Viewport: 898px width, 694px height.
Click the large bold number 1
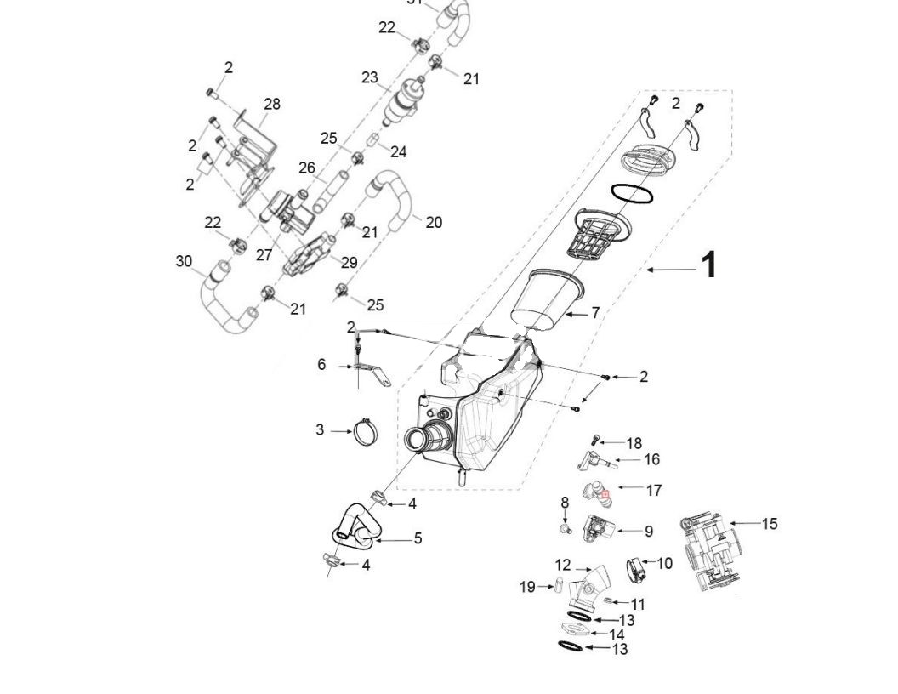pyautogui.click(x=707, y=265)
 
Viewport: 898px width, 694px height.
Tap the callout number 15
pyautogui.click(x=769, y=524)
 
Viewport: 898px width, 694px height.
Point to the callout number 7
pyautogui.click(x=595, y=313)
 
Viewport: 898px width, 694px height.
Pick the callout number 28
pyautogui.click(x=271, y=104)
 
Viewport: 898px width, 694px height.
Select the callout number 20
pyautogui.click(x=433, y=222)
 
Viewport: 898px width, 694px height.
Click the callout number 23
pyautogui.click(x=369, y=77)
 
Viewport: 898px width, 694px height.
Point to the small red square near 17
pyautogui.click(x=605, y=493)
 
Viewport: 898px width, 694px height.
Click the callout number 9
pyautogui.click(x=648, y=531)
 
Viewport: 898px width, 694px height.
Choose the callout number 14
pyautogui.click(x=617, y=634)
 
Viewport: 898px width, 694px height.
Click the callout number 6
pyautogui.click(x=321, y=364)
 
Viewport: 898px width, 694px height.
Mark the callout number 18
pyautogui.click(x=634, y=443)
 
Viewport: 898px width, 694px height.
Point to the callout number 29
pyautogui.click(x=350, y=263)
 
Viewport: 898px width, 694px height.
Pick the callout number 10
pyautogui.click(x=664, y=563)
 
